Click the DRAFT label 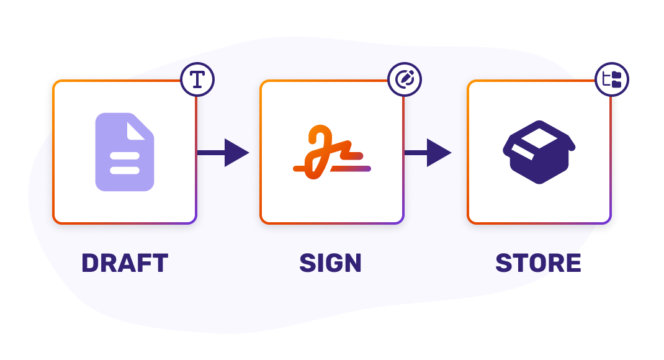point(125,263)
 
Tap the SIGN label point(330,263)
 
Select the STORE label point(538,263)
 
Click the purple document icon point(124,152)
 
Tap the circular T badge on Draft point(197,80)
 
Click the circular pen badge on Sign point(405,79)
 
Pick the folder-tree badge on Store point(612,79)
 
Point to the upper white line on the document point(124,156)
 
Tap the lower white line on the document point(124,170)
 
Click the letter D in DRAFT point(91,263)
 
